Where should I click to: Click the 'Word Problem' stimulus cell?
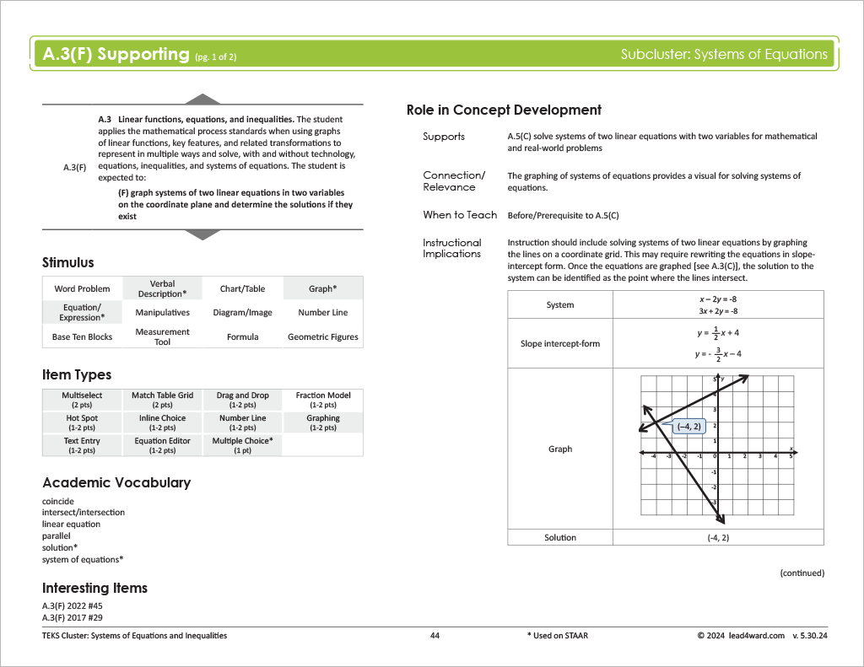pos(82,288)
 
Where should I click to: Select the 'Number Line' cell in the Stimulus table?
pos(322,312)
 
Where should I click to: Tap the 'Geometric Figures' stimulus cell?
pos(322,336)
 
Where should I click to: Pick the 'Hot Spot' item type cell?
pos(82,422)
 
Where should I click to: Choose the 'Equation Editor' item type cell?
pos(162,444)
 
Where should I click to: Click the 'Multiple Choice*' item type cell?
pos(242,444)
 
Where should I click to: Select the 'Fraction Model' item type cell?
pos(322,399)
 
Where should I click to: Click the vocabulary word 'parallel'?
pos(57,535)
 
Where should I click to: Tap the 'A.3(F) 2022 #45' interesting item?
pos(72,605)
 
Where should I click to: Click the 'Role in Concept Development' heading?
pos(504,110)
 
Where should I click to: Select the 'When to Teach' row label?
pos(460,215)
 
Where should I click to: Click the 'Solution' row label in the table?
pos(560,537)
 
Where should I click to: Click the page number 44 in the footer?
pos(435,635)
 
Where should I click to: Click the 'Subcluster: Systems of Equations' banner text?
pos(724,54)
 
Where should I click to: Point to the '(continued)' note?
pos(802,573)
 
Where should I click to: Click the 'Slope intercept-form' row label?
pos(560,343)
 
